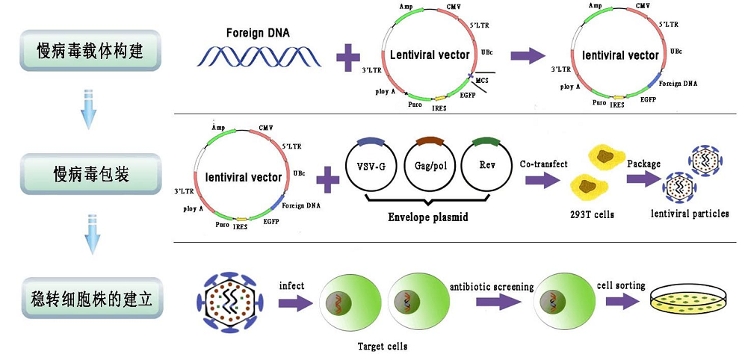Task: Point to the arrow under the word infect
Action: pos(294,303)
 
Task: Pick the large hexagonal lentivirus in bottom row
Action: pos(229,301)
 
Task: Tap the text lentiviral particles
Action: pos(690,214)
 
